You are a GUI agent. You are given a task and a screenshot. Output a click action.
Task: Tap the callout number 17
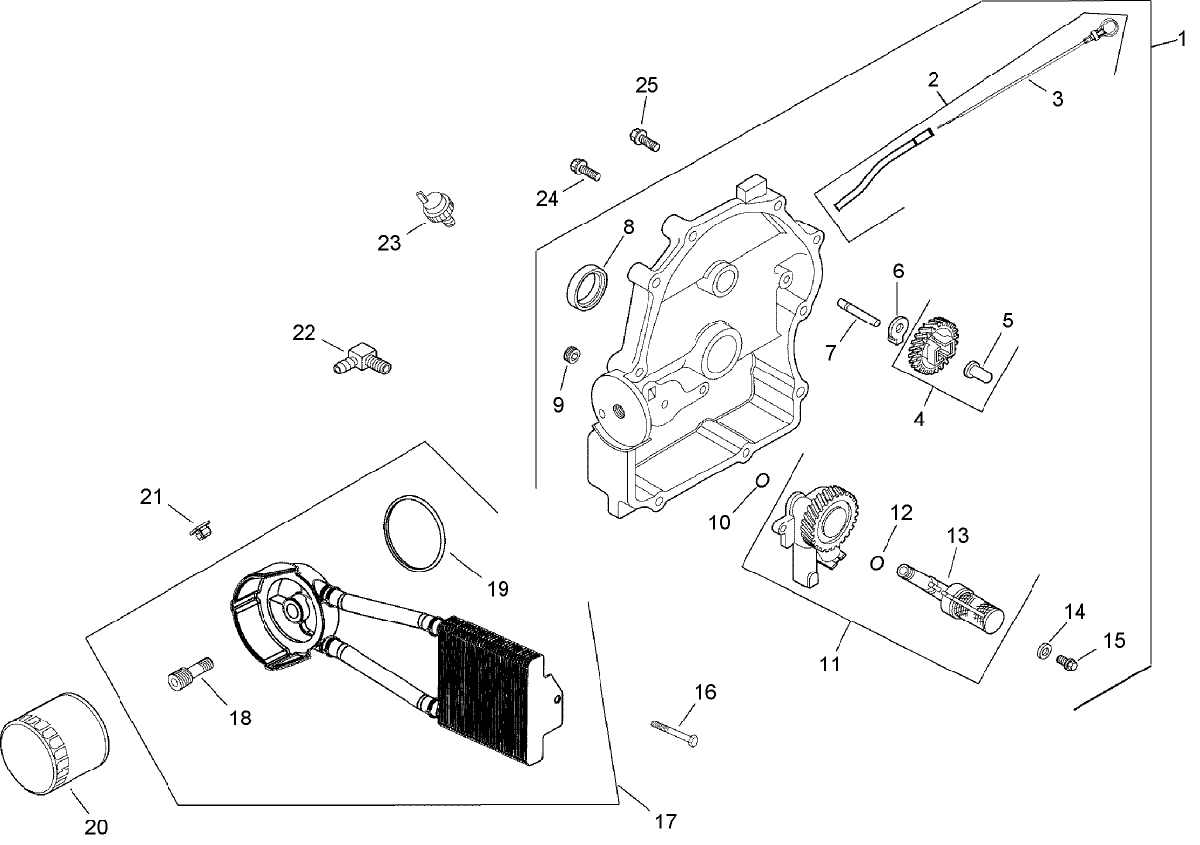(x=665, y=821)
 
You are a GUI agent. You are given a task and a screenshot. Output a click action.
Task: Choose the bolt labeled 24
(x=584, y=171)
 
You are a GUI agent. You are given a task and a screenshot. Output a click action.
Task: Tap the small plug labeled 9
(x=570, y=353)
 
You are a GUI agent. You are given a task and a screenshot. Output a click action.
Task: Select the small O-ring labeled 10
(x=761, y=480)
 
